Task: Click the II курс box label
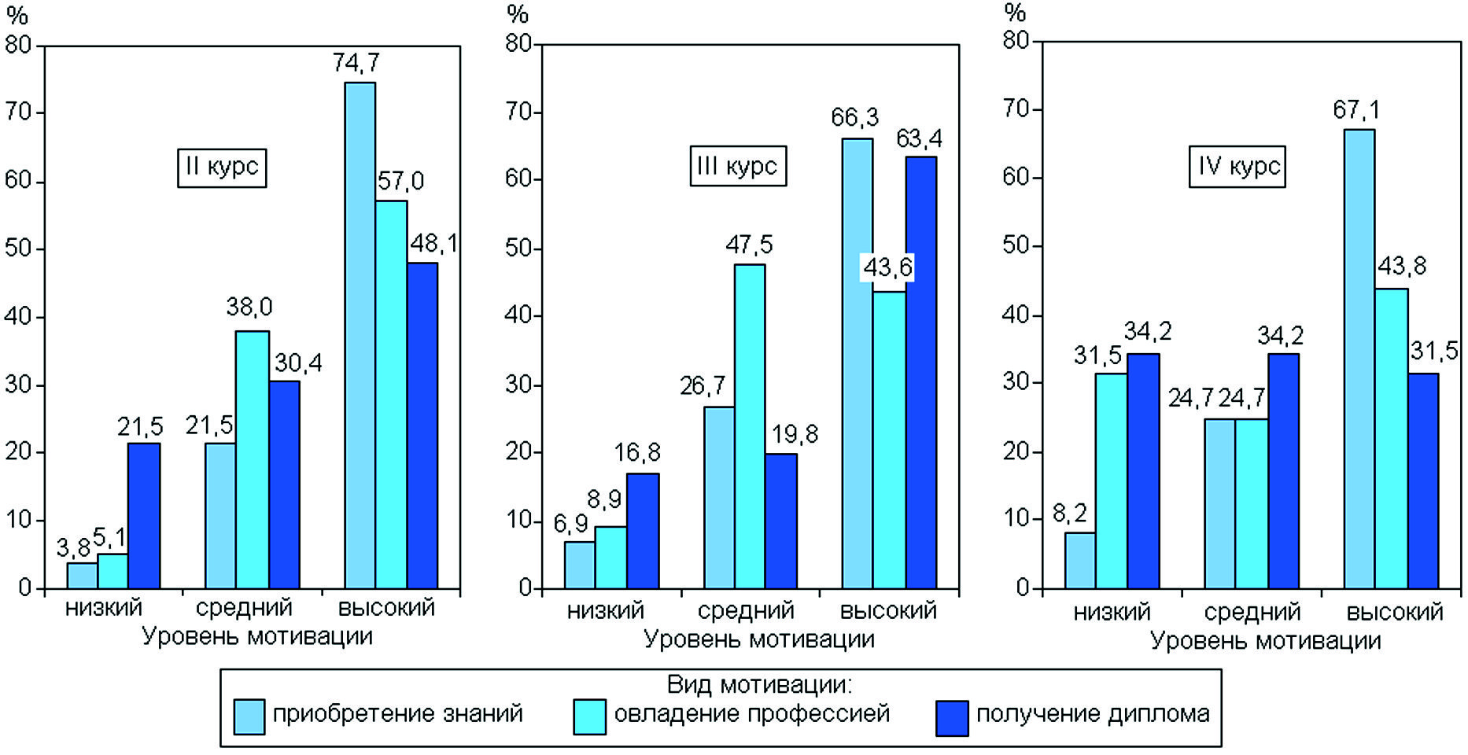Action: click(x=222, y=168)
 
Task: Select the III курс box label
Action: click(x=738, y=166)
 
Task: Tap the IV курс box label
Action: click(x=1237, y=167)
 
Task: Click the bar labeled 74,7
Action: click(x=360, y=335)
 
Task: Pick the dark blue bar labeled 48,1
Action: click(x=422, y=425)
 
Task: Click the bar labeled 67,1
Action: click(x=1359, y=359)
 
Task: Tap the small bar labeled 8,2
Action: click(x=1080, y=560)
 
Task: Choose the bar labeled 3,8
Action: click(x=83, y=576)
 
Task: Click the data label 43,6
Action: click(x=888, y=268)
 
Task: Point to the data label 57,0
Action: click(x=400, y=182)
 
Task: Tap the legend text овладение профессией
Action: click(x=751, y=713)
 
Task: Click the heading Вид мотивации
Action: click(x=759, y=684)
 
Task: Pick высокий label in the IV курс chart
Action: click(x=1394, y=612)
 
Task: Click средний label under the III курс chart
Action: click(x=746, y=610)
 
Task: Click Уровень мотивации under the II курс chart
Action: click(x=256, y=636)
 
